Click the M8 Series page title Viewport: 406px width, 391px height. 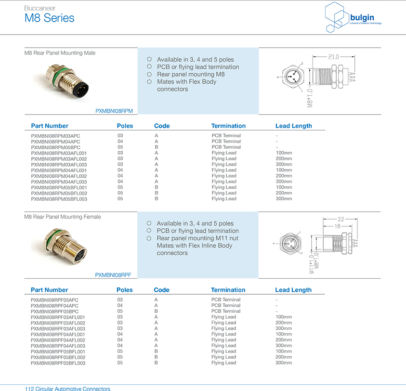(50, 18)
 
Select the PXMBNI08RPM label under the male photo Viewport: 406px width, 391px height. (114, 111)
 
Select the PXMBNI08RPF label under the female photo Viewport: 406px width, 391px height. (113, 275)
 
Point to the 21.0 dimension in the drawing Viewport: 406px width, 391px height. (333, 56)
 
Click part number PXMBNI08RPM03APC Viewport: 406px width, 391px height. (55, 136)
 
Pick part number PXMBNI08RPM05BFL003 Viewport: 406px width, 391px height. (59, 199)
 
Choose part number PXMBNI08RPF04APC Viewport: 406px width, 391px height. (54, 306)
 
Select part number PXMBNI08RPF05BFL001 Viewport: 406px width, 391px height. (58, 352)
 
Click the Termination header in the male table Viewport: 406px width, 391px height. (228, 126)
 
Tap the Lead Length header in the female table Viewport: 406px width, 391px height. (293, 290)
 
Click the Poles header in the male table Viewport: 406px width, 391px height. (125, 126)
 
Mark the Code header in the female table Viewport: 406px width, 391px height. (161, 290)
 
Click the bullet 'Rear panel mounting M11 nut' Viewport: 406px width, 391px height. (197, 238)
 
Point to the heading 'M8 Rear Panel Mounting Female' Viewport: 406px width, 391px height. (63, 217)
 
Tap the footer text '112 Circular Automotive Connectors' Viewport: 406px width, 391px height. (67, 388)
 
